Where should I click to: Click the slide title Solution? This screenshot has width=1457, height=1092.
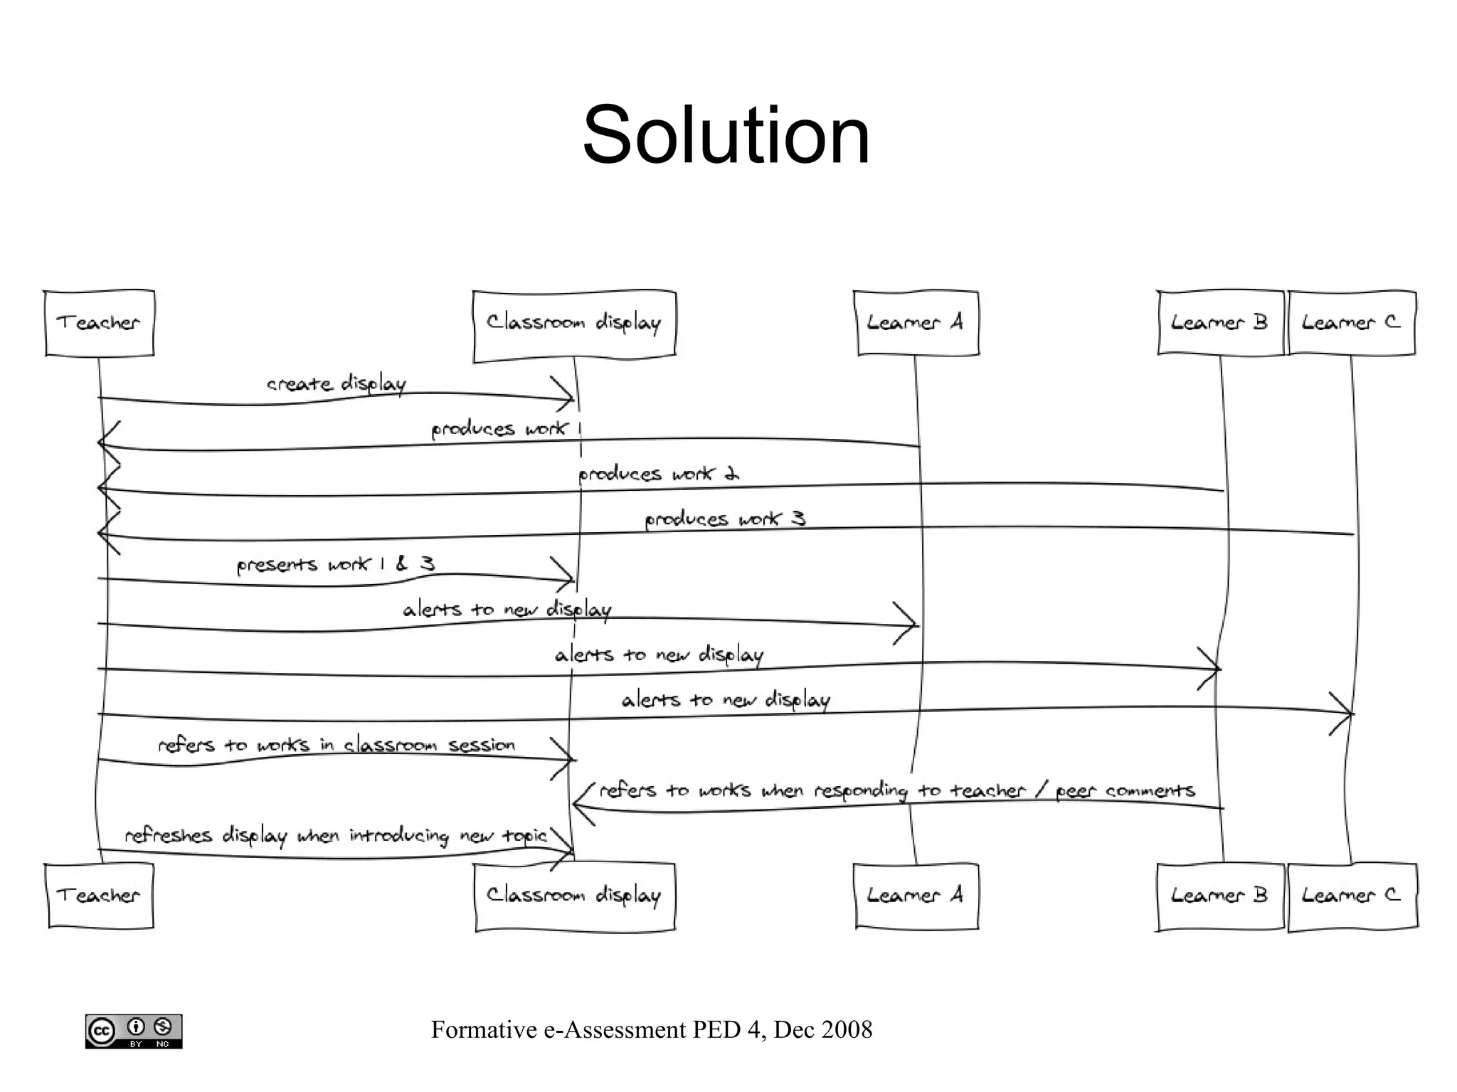click(x=726, y=135)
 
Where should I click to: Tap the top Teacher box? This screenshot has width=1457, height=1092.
click(x=99, y=323)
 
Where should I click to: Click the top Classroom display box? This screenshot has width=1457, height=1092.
click(x=573, y=324)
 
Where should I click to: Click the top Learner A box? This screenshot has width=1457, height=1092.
click(x=916, y=323)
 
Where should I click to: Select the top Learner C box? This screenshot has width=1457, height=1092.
click(x=1351, y=323)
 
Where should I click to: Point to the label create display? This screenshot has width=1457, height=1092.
click(x=336, y=384)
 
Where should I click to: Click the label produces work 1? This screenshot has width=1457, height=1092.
click(x=505, y=429)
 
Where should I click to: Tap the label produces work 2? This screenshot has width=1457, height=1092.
click(x=658, y=474)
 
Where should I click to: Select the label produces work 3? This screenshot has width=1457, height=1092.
click(x=724, y=519)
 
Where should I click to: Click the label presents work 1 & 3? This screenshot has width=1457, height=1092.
click(x=335, y=565)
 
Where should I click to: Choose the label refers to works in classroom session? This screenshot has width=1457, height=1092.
click(x=336, y=745)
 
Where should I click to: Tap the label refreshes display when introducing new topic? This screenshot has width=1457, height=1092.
click(x=336, y=835)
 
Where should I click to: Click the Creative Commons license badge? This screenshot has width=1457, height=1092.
click(x=134, y=1031)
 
